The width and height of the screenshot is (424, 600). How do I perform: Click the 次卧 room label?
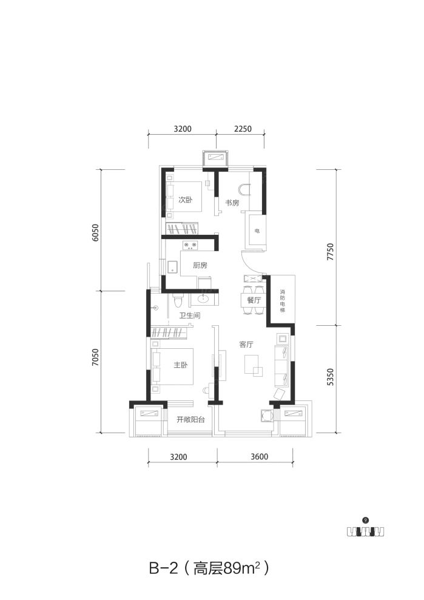click(186, 200)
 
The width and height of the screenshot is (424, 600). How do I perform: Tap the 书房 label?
click(232, 203)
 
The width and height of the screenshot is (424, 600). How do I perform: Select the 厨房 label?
click(200, 265)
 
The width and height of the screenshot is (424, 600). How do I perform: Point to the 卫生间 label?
click(190, 315)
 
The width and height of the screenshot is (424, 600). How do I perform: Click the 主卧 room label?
click(181, 365)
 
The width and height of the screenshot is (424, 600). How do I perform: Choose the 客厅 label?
click(246, 345)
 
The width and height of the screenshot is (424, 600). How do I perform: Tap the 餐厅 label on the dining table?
click(254, 300)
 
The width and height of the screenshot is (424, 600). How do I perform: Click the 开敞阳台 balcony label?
click(190, 419)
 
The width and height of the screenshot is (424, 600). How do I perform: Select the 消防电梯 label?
click(283, 301)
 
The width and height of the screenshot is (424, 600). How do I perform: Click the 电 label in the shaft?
click(257, 231)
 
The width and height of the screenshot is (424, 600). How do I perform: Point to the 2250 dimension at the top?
click(243, 129)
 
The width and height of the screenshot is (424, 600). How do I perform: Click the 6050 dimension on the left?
click(96, 232)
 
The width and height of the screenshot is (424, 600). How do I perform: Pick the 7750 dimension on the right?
click(331, 252)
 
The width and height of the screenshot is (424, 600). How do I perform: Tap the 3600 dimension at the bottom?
click(260, 456)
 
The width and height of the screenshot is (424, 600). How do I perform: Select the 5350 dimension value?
click(331, 377)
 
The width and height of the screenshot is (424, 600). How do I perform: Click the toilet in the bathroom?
click(177, 301)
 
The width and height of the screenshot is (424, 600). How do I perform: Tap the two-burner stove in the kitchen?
click(190, 245)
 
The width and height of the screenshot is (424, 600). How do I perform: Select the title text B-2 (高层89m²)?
click(209, 568)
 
